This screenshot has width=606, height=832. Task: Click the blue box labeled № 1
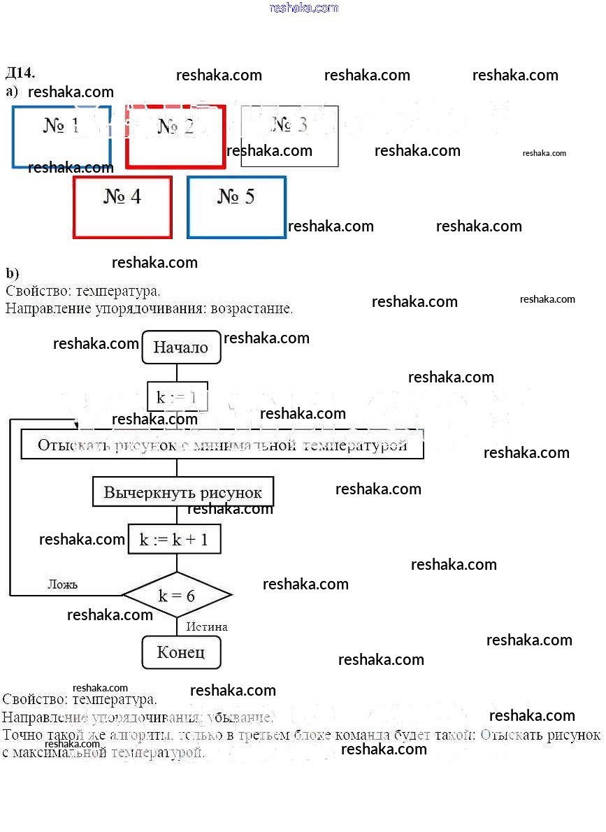[x=62, y=136]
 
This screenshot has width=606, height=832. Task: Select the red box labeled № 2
[x=175, y=137]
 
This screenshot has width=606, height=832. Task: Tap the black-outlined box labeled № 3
[x=289, y=136]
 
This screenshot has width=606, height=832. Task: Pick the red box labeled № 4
[x=122, y=207]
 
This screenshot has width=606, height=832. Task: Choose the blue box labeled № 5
[x=236, y=207]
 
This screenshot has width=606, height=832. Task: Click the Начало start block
[x=181, y=347]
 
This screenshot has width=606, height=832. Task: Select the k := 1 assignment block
[x=178, y=397]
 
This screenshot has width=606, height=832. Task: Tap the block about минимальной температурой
[x=222, y=445]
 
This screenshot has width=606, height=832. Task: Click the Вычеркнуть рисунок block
[x=182, y=492]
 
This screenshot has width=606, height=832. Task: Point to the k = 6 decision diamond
[x=177, y=595]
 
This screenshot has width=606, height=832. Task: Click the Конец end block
[x=181, y=652]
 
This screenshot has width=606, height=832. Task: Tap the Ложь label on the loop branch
[x=62, y=584]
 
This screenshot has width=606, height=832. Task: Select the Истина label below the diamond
[x=207, y=626]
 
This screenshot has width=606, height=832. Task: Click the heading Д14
[x=20, y=73]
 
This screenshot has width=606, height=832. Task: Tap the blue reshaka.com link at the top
[x=303, y=8]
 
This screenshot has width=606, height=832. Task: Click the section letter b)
[x=12, y=273]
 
